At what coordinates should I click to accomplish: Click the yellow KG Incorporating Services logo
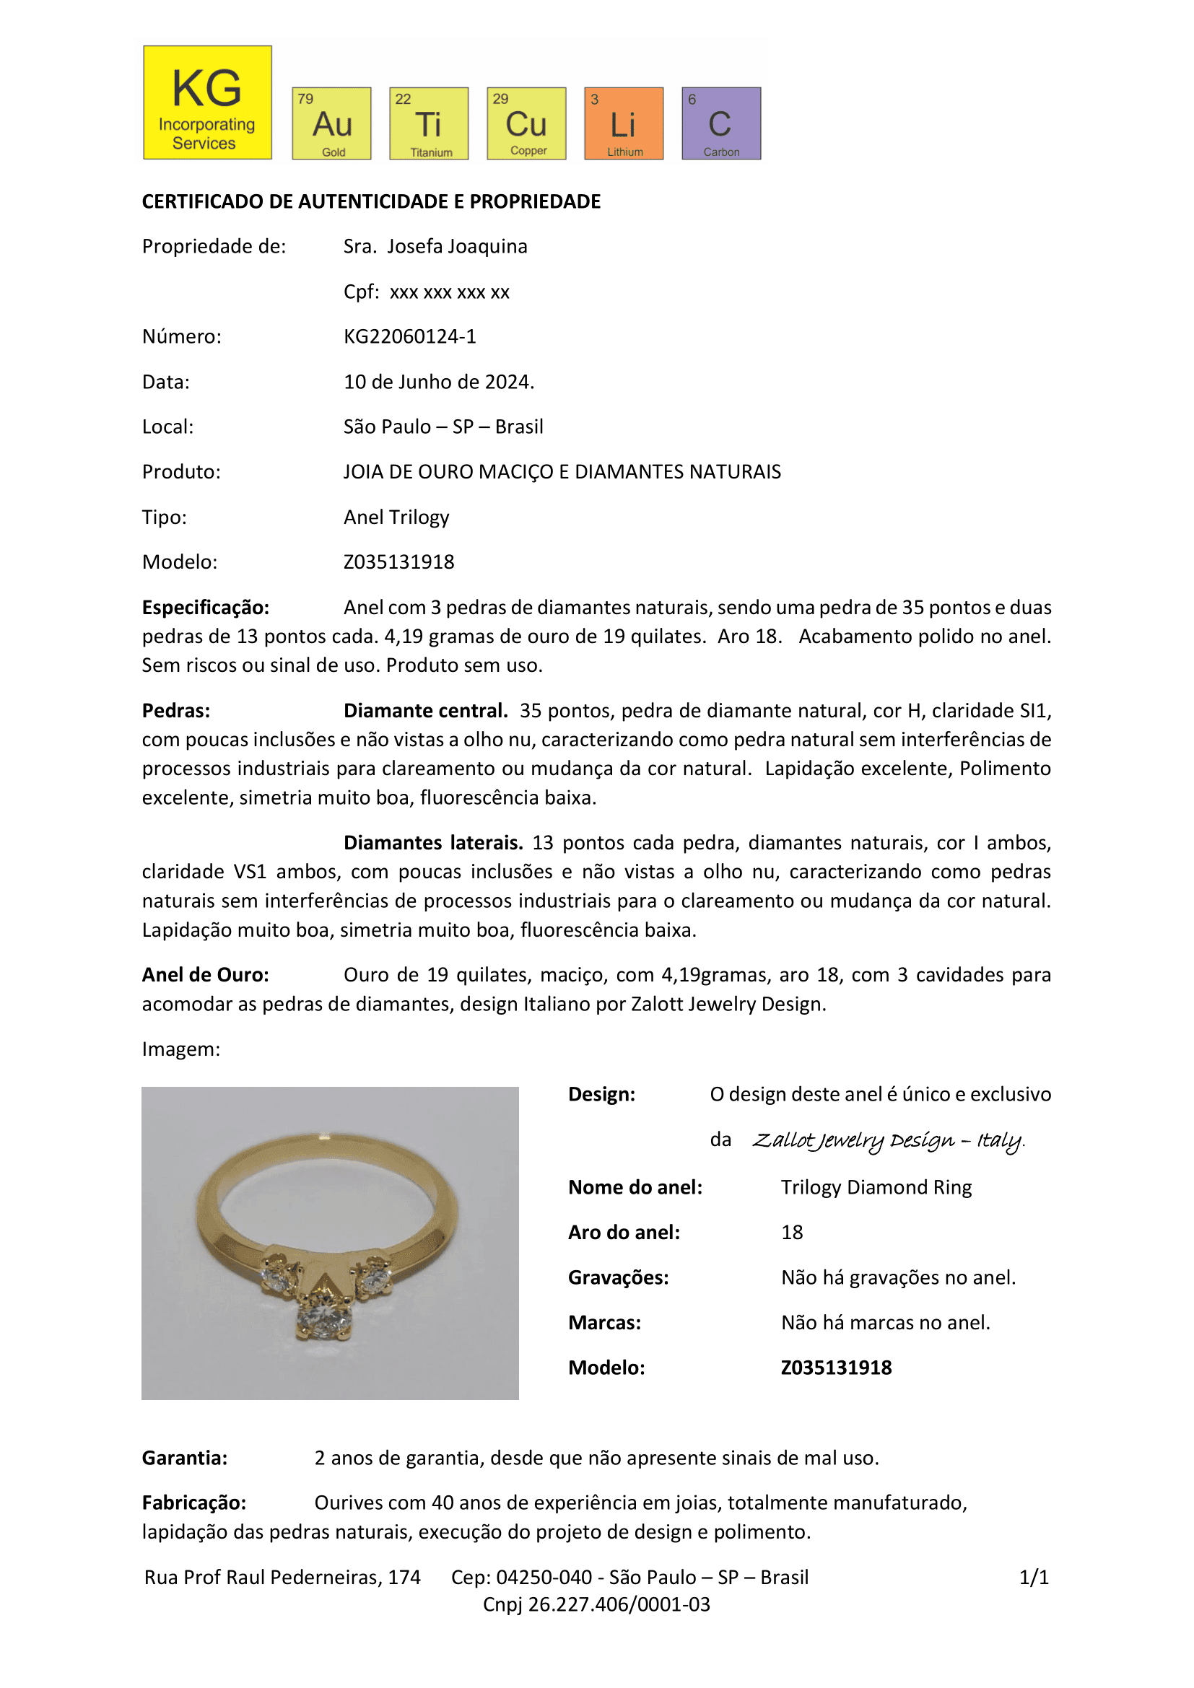pos(207,102)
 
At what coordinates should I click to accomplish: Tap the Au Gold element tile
pos(331,123)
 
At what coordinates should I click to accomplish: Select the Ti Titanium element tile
pos(429,123)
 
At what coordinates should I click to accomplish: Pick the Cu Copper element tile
pos(526,123)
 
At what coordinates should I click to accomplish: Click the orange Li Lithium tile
pos(624,123)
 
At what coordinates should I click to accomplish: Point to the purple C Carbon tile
pos(721,123)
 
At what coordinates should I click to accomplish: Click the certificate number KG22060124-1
pos(409,337)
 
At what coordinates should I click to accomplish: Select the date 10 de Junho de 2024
pos(438,382)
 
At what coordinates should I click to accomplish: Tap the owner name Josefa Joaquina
pos(456,246)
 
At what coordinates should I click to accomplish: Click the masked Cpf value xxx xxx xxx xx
pos(449,292)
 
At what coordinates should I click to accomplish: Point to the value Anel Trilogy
pos(396,517)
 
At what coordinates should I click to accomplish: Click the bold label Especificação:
pos(205,607)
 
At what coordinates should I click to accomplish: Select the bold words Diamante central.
pos(426,711)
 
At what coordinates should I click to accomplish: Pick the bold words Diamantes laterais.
pos(433,842)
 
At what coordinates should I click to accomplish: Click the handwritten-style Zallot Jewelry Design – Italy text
pos(887,1140)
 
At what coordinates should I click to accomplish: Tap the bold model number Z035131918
pos(836,1368)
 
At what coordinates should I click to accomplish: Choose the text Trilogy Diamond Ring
pos(876,1187)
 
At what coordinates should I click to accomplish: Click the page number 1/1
pos(1034,1577)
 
